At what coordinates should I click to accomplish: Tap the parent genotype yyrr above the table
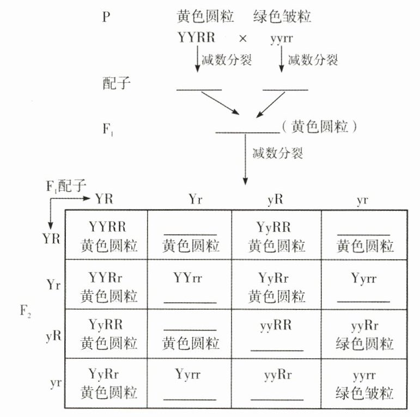click(282, 39)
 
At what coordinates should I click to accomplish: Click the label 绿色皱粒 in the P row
click(282, 17)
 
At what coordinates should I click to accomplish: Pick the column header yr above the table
click(362, 200)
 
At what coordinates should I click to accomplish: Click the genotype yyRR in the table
click(277, 326)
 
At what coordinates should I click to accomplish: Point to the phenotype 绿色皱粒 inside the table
click(365, 393)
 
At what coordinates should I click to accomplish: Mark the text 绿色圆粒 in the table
click(365, 344)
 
